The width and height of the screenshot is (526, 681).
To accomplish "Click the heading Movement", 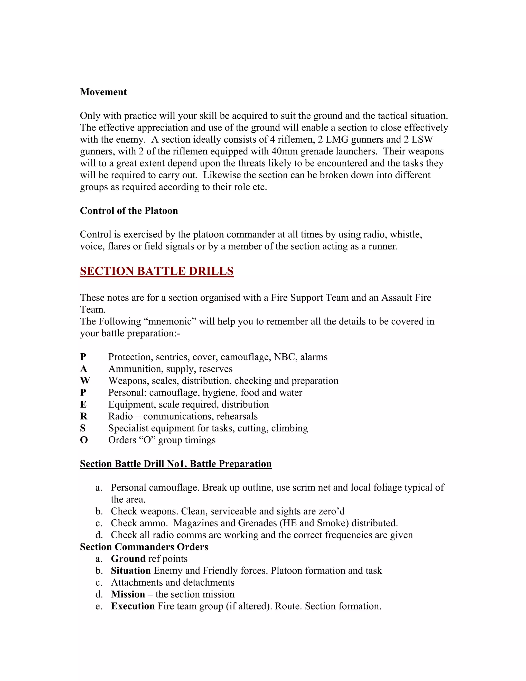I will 103,92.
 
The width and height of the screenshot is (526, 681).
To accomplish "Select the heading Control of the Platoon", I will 129,211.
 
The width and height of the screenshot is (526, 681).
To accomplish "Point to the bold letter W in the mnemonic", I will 85,381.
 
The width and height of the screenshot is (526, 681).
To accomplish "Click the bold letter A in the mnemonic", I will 83,369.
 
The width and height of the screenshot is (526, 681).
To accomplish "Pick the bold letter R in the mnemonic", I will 83,416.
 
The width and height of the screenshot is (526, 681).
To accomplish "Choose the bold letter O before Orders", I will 84,440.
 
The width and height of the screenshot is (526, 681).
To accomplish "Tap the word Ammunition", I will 136,369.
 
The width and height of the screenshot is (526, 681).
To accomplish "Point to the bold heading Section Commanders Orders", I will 144,547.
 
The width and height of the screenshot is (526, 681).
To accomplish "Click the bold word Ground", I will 128,558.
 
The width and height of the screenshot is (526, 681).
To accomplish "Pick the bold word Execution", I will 133,606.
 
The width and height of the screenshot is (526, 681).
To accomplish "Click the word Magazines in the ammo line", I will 196,523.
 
